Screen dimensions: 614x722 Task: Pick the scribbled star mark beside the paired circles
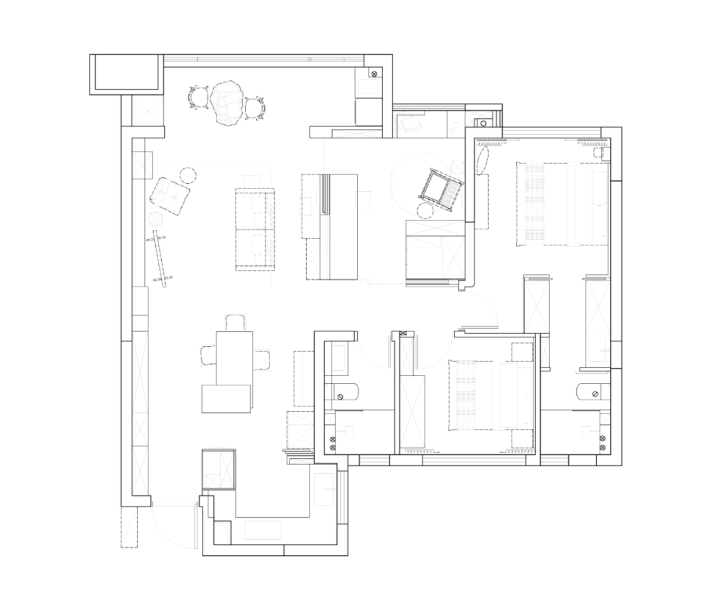coord(478,118)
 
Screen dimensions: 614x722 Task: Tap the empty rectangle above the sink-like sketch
coord(368,86)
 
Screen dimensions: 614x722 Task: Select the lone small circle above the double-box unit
coord(598,152)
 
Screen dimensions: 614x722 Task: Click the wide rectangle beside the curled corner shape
coord(263,530)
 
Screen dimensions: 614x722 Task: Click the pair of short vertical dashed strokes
coord(235,322)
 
